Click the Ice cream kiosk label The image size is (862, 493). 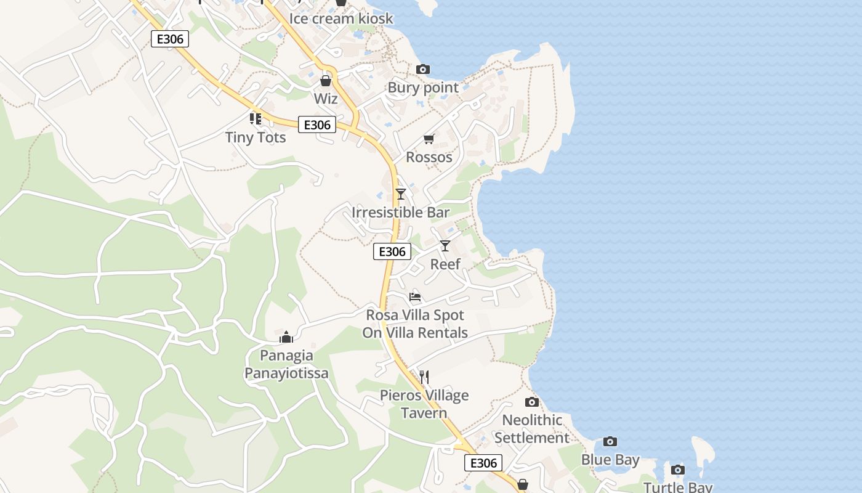tap(341, 18)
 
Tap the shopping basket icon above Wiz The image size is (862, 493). tap(326, 81)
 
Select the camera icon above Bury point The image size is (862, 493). tap(423, 69)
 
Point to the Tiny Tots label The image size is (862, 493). tap(256, 137)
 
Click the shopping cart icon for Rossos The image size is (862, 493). tap(429, 139)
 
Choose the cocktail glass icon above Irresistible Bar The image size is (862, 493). tap(401, 194)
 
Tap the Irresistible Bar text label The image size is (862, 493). tap(401, 213)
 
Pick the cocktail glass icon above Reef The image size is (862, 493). tap(445, 246)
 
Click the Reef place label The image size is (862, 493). tap(445, 264)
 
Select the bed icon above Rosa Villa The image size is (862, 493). tap(415, 297)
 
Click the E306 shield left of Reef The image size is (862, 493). tap(392, 251)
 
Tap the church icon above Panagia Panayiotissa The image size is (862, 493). tap(286, 337)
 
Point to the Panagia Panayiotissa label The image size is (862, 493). tap(286, 364)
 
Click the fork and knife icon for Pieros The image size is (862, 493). tap(424, 377)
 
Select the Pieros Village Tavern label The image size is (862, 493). tap(424, 404)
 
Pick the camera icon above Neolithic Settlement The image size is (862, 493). tap(532, 402)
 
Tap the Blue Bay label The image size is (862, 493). tap(610, 460)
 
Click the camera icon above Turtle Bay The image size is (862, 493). tap(678, 470)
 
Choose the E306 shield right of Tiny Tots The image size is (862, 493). tap(318, 124)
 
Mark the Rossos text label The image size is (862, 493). tap(429, 157)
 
